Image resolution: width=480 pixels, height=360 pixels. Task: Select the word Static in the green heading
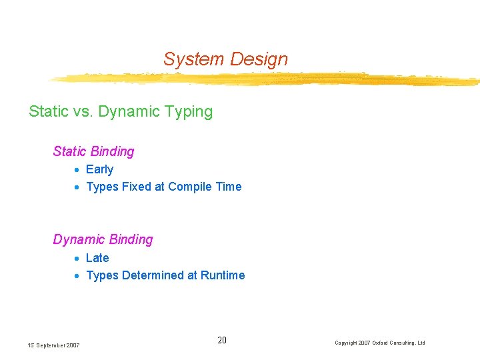[49, 111]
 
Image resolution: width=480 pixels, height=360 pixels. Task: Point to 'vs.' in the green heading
[83, 111]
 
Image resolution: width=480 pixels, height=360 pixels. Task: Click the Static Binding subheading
[93, 151]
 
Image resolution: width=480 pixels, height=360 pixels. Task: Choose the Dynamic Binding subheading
[103, 239]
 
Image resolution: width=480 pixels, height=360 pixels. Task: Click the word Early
[99, 169]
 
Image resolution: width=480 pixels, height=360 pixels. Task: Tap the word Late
[97, 258]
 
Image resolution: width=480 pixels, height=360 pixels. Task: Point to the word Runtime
[223, 275]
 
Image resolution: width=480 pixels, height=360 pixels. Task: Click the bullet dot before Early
[77, 170]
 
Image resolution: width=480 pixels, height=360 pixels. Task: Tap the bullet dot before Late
[77, 259]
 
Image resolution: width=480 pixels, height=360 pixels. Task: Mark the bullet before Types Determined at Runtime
[77, 276]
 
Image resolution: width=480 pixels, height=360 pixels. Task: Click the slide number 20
[222, 341]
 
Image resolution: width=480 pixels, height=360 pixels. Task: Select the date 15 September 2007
[53, 345]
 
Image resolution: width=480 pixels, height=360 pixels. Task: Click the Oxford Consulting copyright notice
[379, 343]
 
